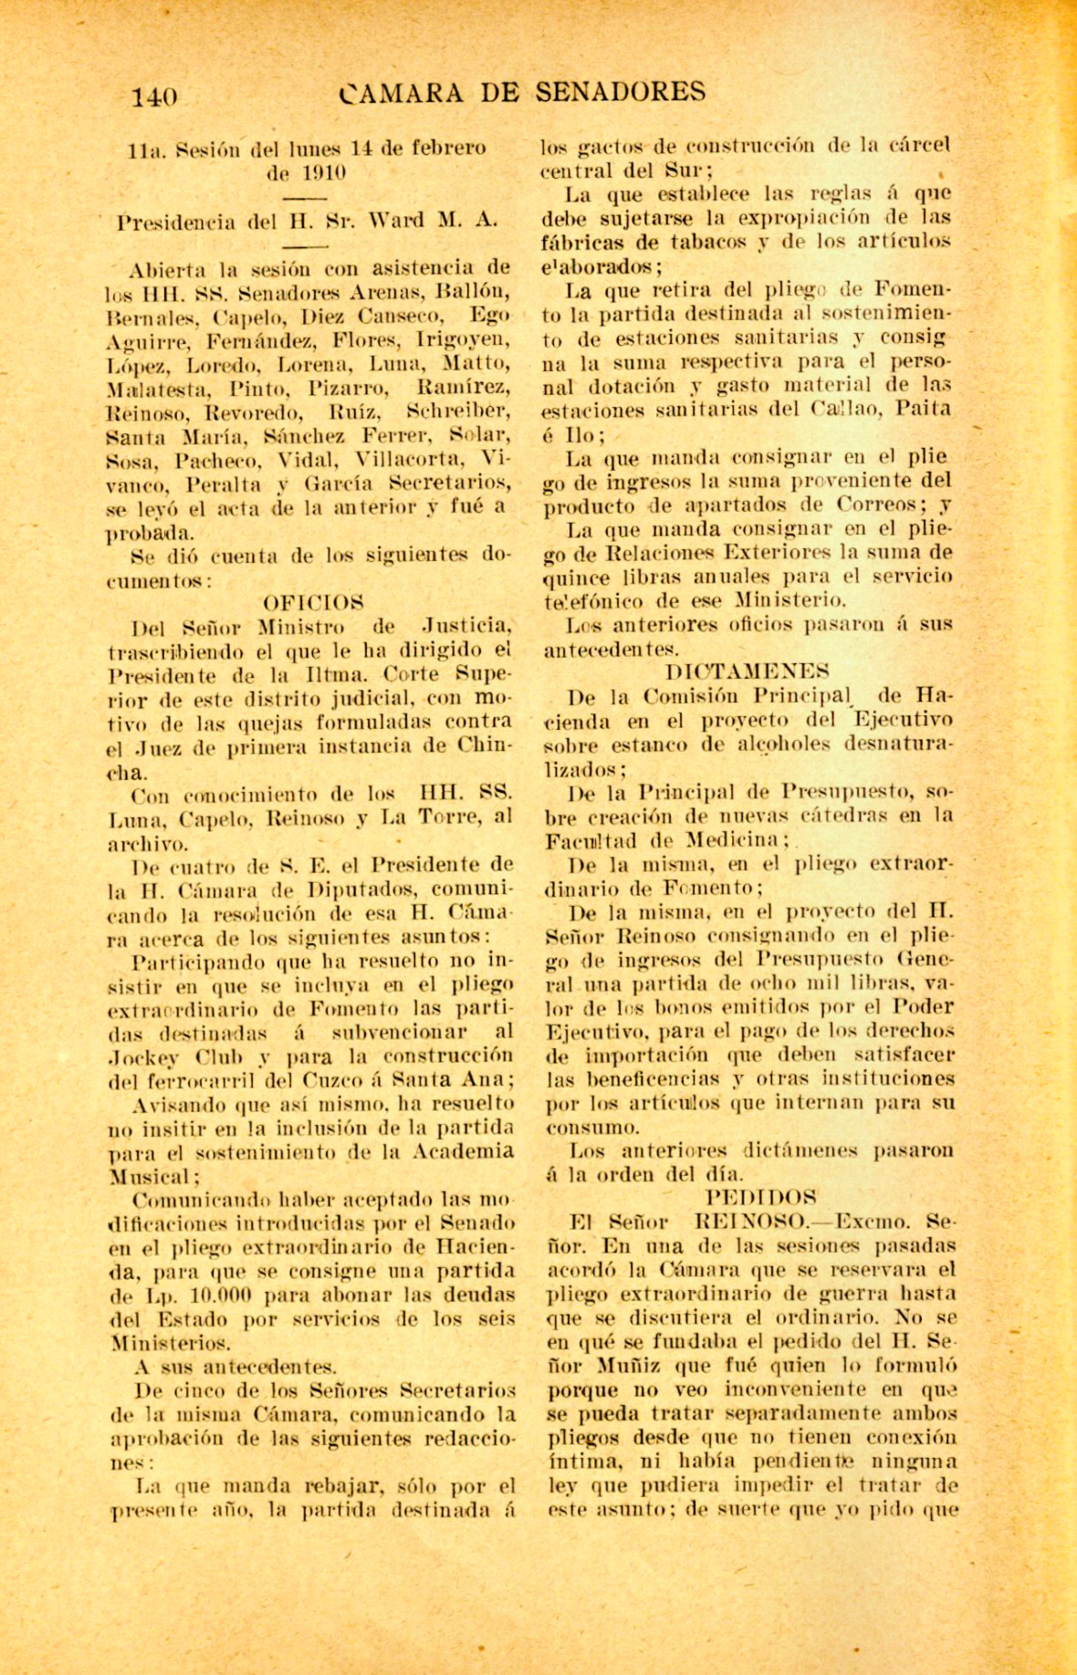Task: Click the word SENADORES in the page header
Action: pos(620,91)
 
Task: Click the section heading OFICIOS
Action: pos(314,603)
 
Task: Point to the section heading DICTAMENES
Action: pos(748,672)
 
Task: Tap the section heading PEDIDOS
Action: pos(761,1197)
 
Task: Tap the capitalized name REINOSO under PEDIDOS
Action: pos(752,1222)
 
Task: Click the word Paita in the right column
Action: pos(924,410)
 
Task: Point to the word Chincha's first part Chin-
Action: pos(481,744)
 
